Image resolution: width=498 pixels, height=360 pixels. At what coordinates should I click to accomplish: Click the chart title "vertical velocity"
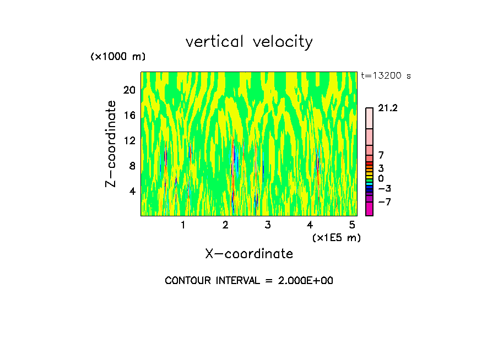(x=249, y=42)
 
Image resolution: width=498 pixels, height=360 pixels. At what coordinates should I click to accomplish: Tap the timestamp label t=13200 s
(x=386, y=76)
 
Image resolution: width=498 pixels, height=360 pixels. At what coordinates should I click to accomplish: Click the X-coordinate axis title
(x=249, y=254)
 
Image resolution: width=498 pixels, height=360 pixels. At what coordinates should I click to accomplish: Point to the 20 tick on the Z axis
(x=129, y=90)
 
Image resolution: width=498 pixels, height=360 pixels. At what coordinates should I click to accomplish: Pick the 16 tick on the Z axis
(x=129, y=115)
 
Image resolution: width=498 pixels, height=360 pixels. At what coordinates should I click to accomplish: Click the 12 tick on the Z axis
(x=129, y=140)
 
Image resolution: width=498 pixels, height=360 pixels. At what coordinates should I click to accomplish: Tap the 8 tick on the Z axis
(x=132, y=166)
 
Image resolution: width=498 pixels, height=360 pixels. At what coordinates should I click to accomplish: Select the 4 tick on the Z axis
(x=132, y=191)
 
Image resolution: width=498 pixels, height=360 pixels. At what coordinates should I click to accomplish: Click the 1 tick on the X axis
(x=183, y=225)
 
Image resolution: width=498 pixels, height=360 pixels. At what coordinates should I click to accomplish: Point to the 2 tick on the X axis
(x=225, y=225)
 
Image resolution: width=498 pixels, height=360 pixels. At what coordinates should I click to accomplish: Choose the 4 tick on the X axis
(x=310, y=225)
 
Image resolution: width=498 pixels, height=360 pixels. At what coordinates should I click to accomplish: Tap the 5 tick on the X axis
(x=352, y=225)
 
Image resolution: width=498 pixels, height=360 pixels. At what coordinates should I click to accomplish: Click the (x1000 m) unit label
(x=118, y=57)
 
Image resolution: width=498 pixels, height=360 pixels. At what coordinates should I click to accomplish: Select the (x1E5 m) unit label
(x=336, y=238)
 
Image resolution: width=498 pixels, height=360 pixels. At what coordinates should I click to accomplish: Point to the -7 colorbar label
(x=384, y=202)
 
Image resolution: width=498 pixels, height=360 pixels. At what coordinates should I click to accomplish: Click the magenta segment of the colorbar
(x=369, y=209)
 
